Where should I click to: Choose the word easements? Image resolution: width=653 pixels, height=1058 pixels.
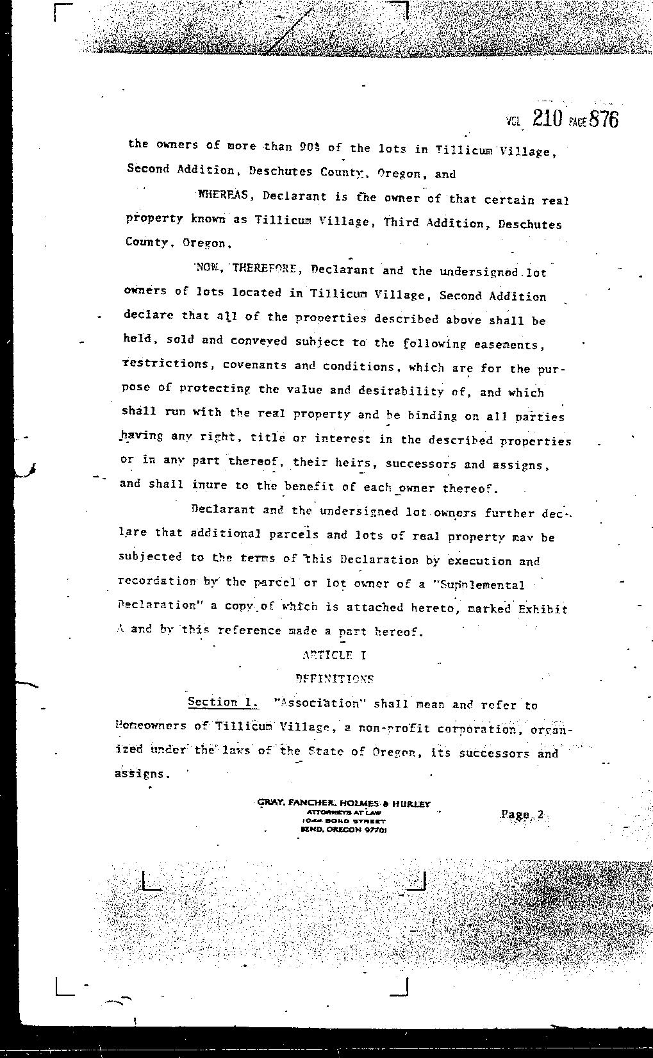[509, 345]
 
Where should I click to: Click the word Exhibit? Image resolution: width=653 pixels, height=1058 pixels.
[542, 609]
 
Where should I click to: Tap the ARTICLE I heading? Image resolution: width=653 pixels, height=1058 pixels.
[335, 655]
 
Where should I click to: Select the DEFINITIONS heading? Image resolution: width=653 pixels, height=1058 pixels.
[335, 679]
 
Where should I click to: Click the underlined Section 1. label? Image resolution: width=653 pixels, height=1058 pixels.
[223, 702]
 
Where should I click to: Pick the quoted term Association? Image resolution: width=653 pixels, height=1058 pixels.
[318, 704]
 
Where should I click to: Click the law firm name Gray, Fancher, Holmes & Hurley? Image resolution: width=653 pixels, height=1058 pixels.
[343, 804]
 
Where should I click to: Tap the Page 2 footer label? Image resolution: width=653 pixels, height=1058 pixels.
[522, 814]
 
